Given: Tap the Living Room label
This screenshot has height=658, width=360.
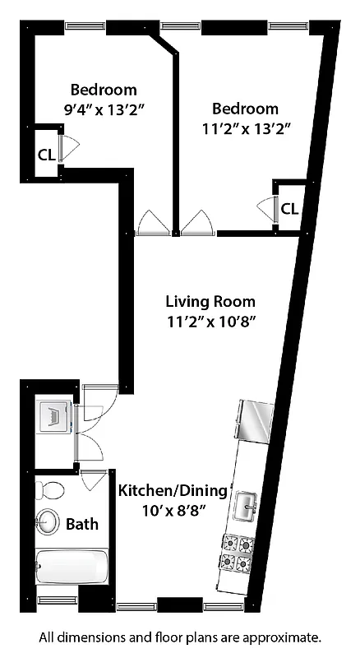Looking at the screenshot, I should click(210, 301).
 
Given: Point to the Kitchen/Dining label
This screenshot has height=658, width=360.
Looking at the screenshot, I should click(173, 491).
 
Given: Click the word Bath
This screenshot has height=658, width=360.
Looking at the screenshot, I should click(82, 523).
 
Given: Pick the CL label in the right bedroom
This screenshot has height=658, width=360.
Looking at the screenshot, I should click(289, 208).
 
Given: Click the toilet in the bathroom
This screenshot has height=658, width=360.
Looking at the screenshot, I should click(51, 491).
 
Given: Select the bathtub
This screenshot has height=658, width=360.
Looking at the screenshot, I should click(72, 568).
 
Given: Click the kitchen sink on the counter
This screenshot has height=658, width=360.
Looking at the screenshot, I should click(246, 507).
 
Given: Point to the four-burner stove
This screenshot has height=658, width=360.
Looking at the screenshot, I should click(235, 553).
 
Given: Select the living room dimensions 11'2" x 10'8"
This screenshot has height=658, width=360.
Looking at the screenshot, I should click(210, 322).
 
